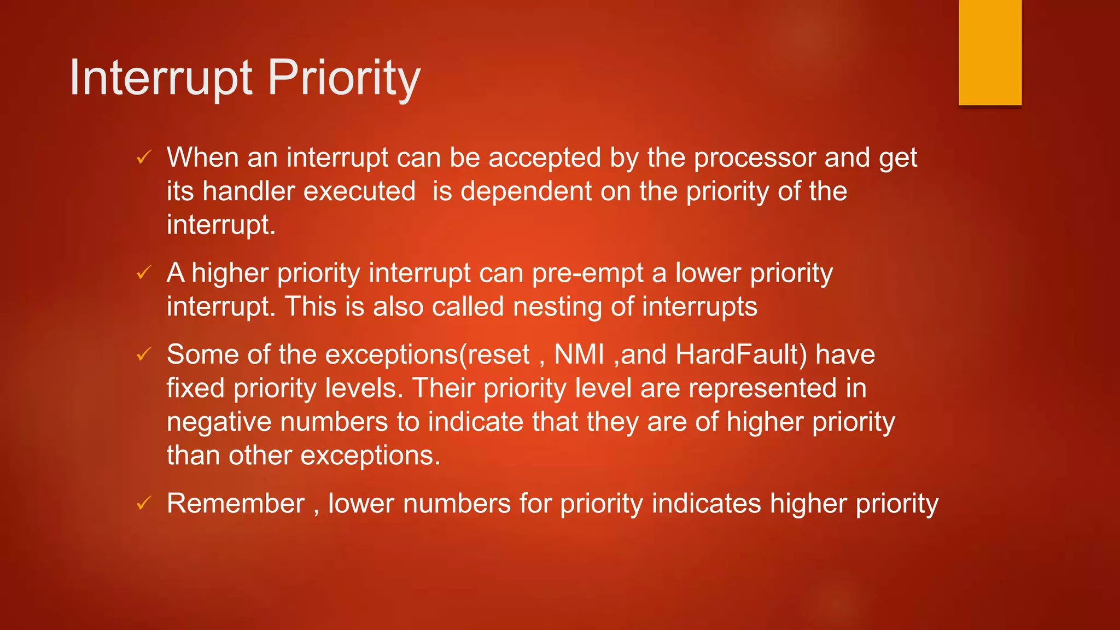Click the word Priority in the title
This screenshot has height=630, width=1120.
point(344,78)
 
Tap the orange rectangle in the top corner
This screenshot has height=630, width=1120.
point(990,52)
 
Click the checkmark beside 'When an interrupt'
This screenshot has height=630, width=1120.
point(143,158)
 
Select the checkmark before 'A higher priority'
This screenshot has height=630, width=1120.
point(143,272)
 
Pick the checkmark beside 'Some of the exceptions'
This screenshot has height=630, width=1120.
point(143,354)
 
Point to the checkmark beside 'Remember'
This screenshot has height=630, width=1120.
point(143,503)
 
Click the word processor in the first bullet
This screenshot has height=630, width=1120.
point(755,159)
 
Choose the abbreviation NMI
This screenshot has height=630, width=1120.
point(579,354)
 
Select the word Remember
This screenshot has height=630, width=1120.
point(235,503)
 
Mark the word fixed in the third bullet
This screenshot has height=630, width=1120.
point(195,388)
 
